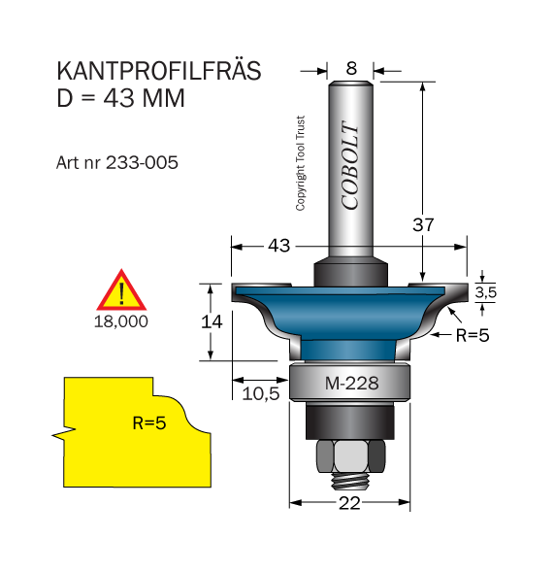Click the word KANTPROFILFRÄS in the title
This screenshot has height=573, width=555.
[x=159, y=70]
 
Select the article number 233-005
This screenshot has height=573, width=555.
[x=142, y=162]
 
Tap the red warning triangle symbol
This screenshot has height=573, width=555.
[x=121, y=290]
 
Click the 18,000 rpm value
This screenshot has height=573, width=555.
[x=121, y=321]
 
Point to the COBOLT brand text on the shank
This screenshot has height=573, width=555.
[x=350, y=165]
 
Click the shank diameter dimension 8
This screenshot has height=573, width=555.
[x=351, y=68]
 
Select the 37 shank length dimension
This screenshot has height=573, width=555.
[x=423, y=224]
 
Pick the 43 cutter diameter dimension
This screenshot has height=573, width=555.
[x=279, y=246]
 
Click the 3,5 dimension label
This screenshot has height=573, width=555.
[x=486, y=292]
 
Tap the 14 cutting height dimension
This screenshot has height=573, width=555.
[x=212, y=321]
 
